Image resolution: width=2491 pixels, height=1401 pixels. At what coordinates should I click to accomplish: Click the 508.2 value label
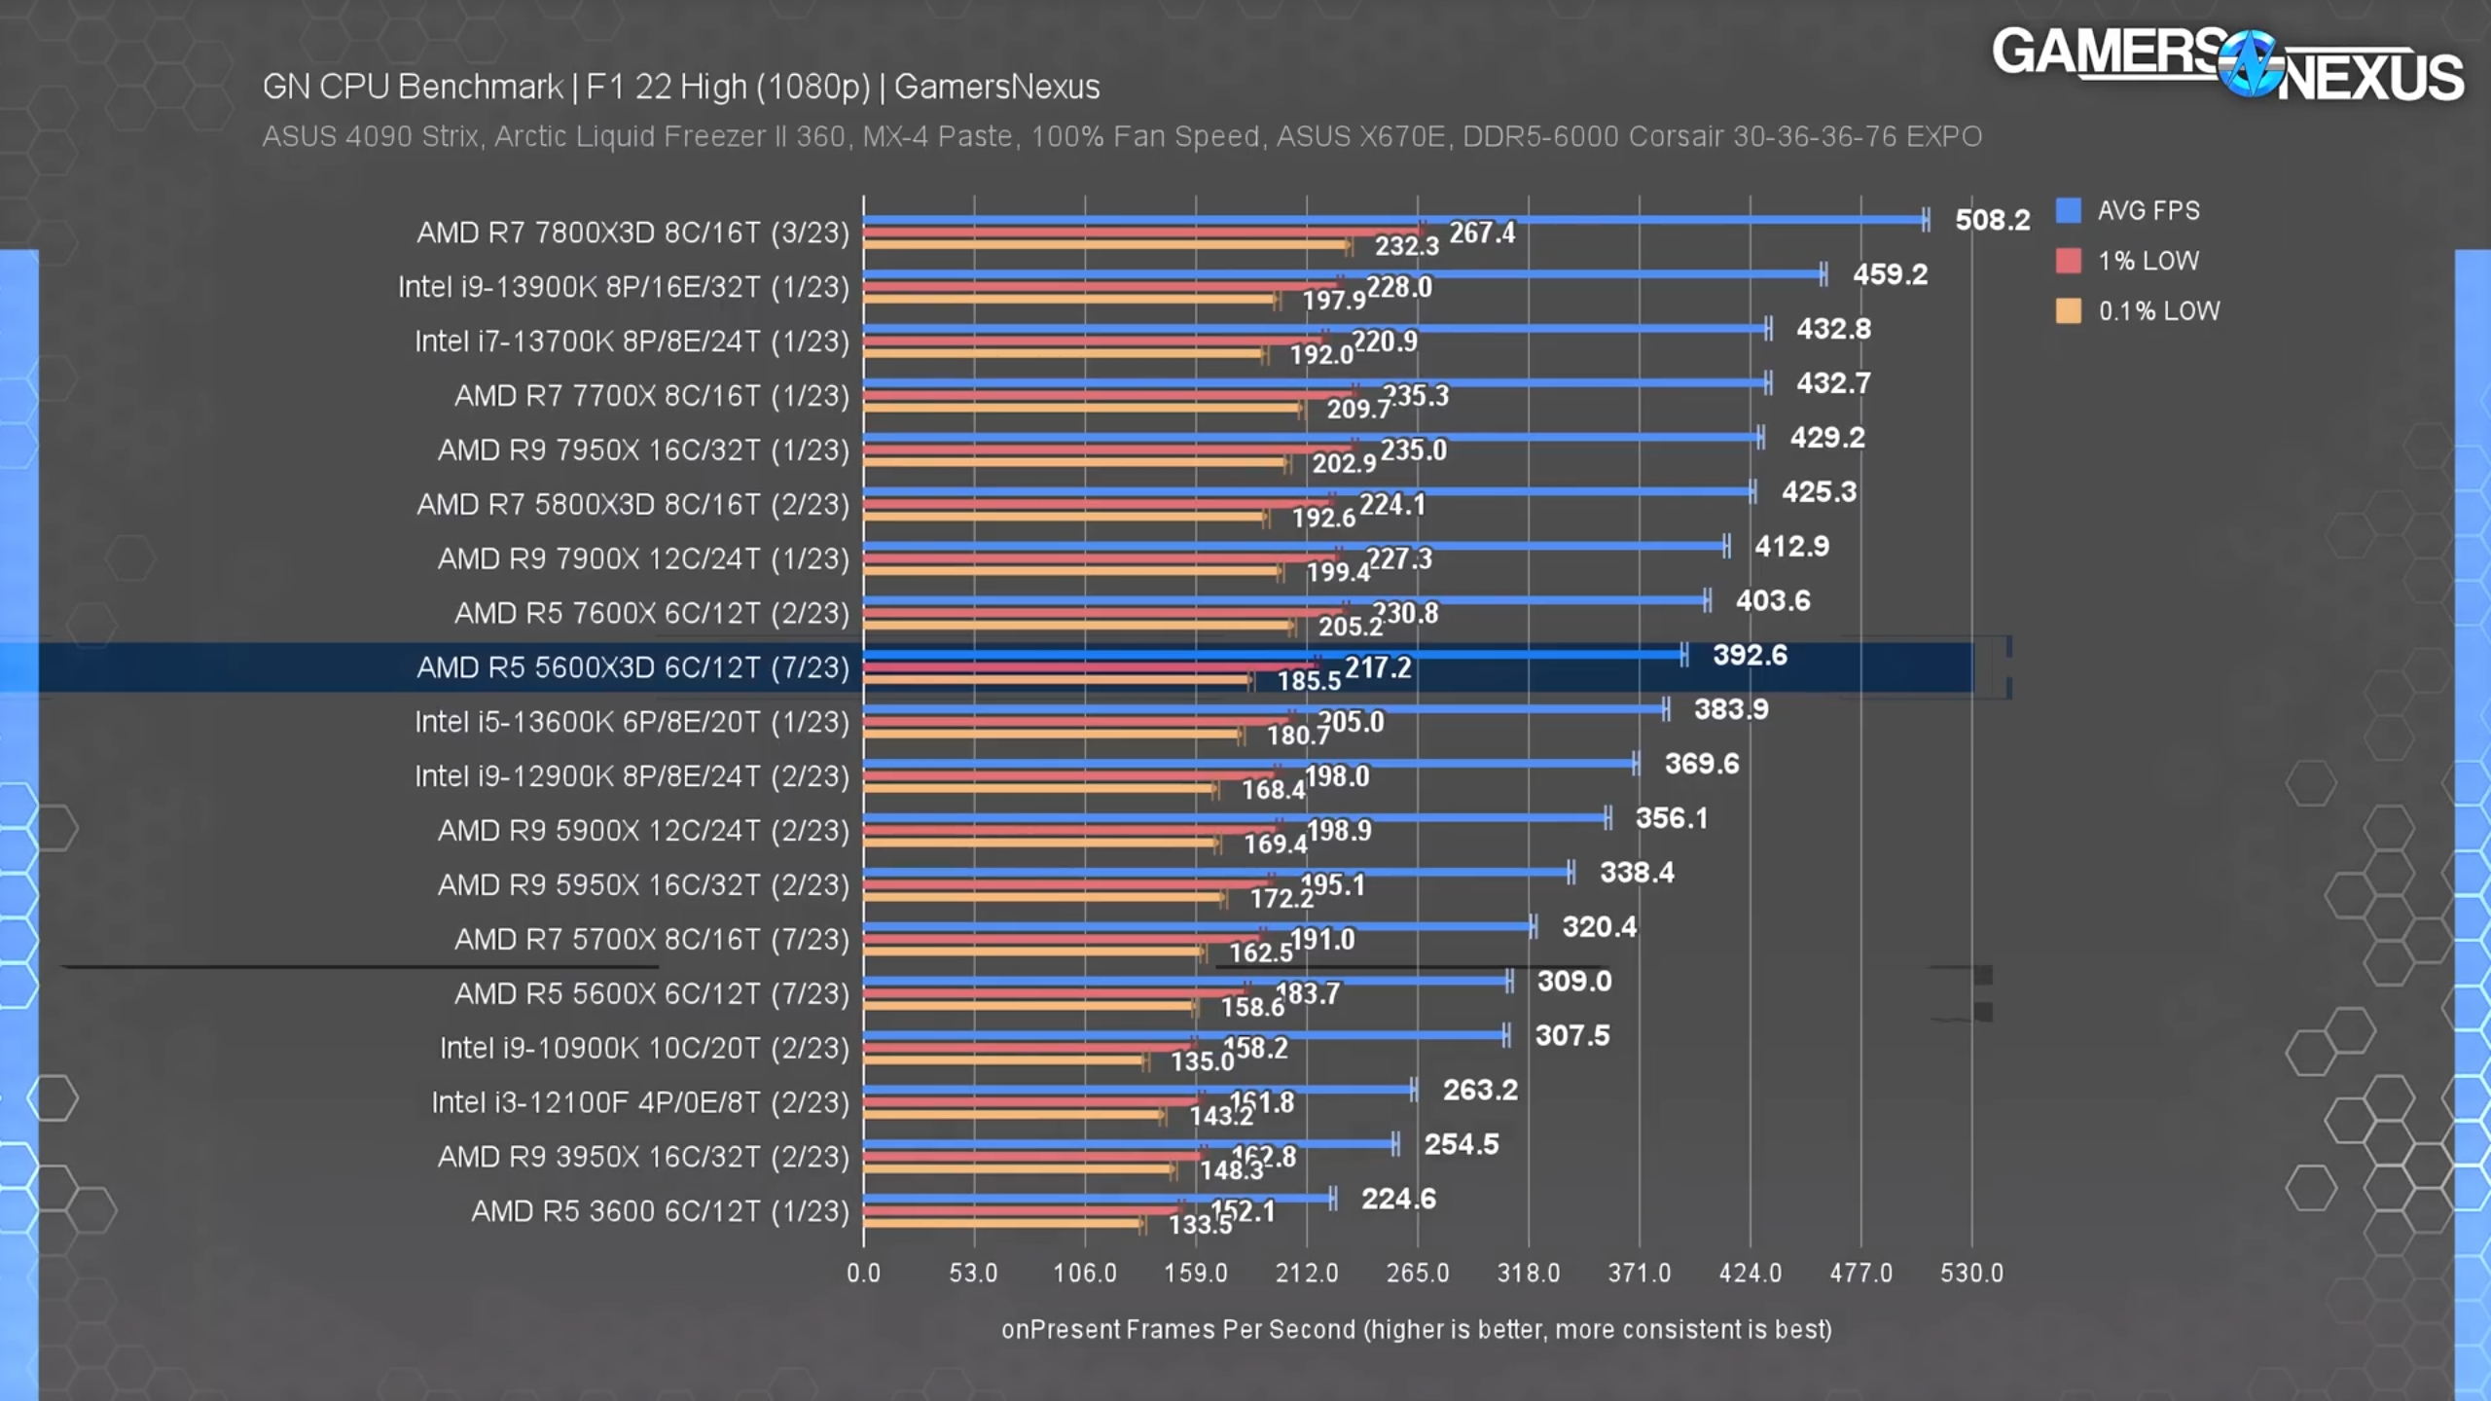point(1992,220)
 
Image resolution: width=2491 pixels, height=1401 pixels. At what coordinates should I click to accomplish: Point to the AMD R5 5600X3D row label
point(632,667)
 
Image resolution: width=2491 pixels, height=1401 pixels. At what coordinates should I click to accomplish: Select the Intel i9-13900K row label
point(623,287)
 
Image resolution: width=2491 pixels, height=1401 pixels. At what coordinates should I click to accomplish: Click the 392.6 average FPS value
point(1750,655)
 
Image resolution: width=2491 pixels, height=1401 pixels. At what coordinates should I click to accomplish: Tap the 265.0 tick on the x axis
point(1417,1273)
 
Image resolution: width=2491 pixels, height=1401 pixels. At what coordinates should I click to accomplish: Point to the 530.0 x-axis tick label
point(1971,1273)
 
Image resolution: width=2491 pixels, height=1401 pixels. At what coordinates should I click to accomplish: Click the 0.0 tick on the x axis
point(863,1273)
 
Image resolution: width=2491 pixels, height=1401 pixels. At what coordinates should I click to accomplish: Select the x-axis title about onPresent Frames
point(1416,1329)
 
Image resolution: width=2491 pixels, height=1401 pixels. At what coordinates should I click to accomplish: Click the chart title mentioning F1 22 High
point(681,87)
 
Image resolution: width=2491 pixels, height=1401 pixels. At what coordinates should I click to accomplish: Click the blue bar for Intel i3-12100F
point(1138,1089)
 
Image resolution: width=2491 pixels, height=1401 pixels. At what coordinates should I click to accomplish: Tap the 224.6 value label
point(1398,1199)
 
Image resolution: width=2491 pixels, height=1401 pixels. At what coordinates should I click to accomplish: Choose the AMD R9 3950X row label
point(643,1157)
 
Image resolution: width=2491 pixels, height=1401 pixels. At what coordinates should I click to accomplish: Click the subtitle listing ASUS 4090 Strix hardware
point(1121,136)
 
